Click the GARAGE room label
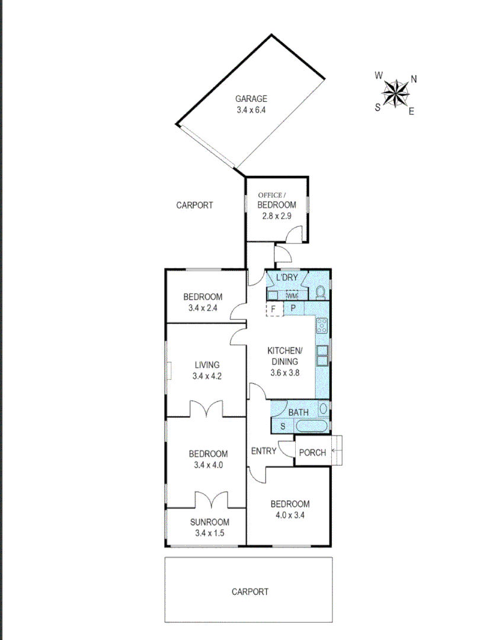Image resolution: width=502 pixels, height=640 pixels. [251, 99]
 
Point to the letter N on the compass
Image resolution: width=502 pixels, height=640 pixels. [414, 78]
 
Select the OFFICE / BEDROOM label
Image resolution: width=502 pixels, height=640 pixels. [276, 200]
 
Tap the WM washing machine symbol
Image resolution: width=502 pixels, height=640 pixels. [292, 295]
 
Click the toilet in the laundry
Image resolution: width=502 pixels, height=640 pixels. [321, 292]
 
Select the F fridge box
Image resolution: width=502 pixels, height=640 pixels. [273, 309]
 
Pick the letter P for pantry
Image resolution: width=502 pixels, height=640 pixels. [293, 309]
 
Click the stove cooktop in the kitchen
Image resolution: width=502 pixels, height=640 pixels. [322, 325]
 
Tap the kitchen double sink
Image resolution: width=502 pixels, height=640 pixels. [322, 355]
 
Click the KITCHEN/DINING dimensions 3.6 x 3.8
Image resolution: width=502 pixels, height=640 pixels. [284, 373]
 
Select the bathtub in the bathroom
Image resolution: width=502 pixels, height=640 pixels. [311, 426]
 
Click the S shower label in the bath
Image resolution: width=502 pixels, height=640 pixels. [282, 426]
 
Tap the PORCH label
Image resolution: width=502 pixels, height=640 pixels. [312, 453]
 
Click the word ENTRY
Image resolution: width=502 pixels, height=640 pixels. [264, 451]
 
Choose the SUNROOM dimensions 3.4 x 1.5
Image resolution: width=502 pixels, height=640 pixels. [209, 533]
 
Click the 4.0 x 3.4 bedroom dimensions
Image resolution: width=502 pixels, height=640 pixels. [290, 515]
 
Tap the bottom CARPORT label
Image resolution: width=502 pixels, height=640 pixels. [250, 591]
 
